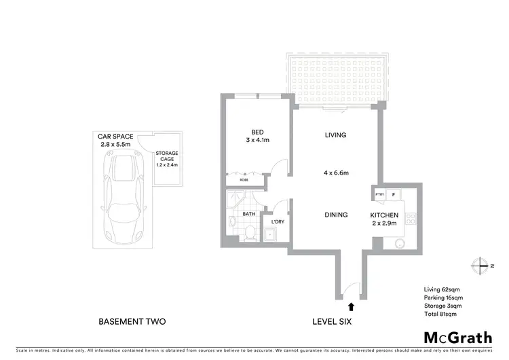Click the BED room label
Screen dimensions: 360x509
257,132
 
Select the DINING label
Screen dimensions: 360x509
335,215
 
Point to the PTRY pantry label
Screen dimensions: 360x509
379,195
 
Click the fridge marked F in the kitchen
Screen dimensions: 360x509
394,195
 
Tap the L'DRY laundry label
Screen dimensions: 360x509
278,222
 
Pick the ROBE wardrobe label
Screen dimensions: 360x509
243,180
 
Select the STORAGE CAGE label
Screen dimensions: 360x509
166,158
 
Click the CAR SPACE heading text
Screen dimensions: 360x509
118,137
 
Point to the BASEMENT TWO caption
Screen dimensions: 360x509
132,321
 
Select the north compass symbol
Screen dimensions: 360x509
481,265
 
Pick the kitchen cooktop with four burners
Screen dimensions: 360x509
409,219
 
